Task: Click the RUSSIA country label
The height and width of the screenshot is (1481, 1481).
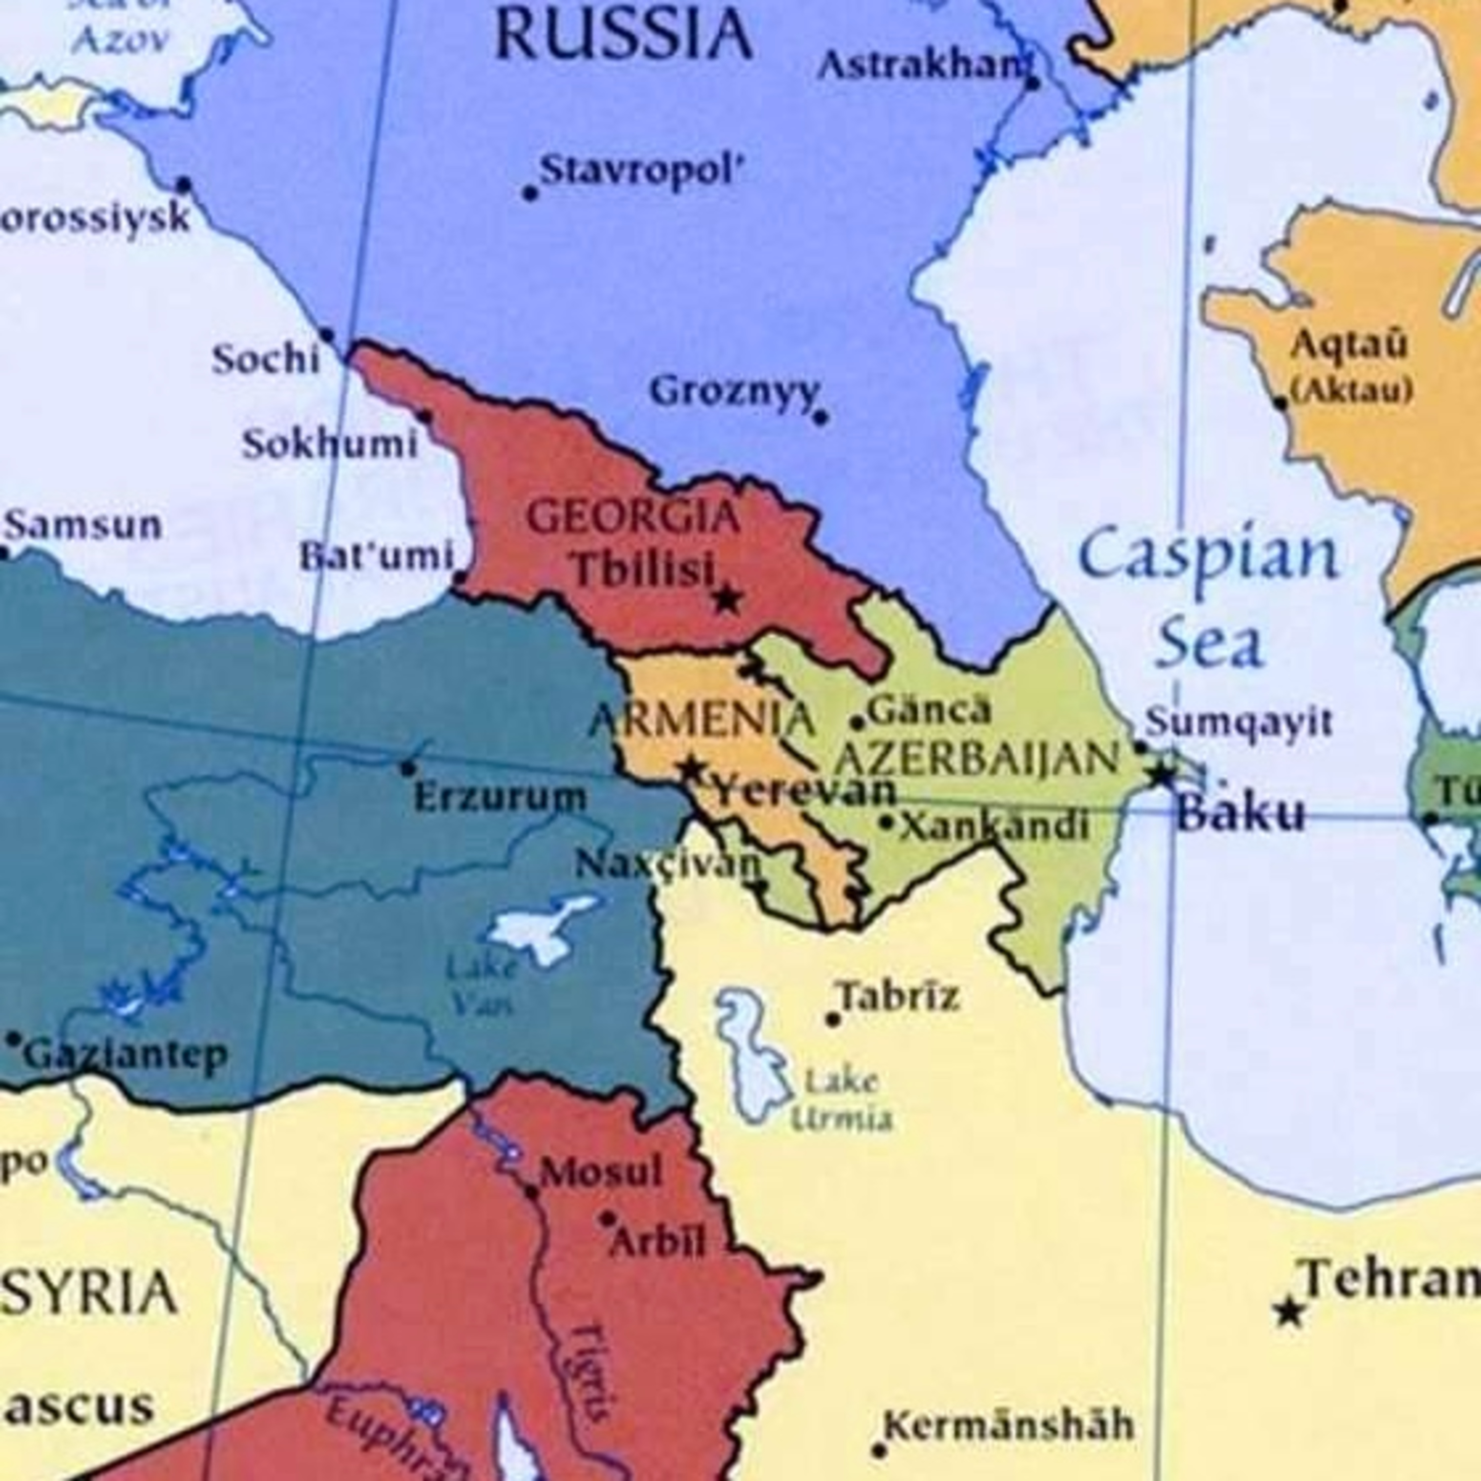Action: click(x=623, y=35)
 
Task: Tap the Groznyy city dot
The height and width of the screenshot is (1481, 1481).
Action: click(x=819, y=418)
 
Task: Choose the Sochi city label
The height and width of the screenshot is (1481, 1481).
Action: click(x=265, y=359)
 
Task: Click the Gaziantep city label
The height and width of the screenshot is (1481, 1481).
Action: click(x=126, y=1055)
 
